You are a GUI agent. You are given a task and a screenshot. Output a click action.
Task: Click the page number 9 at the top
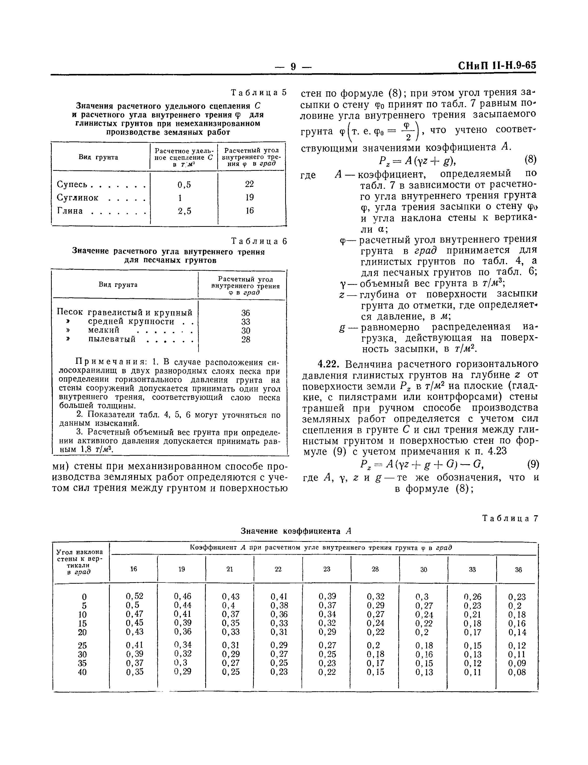pos(293,66)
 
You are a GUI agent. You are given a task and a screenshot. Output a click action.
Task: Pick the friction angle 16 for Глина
pos(250,211)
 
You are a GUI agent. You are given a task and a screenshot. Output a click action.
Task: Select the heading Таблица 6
pos(259,241)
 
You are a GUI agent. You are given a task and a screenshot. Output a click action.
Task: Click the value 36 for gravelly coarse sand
pos(246,313)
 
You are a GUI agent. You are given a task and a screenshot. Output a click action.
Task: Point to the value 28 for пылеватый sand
pos(246,339)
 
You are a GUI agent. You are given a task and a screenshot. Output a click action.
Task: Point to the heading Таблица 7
pos(510,518)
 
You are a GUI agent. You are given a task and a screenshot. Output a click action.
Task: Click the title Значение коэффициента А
pos(296,531)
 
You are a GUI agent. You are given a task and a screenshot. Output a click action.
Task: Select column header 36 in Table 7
pos(518,570)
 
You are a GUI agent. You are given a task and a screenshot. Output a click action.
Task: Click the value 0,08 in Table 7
pos(517,672)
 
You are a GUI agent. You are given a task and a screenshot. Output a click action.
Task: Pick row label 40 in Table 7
pos(82,672)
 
